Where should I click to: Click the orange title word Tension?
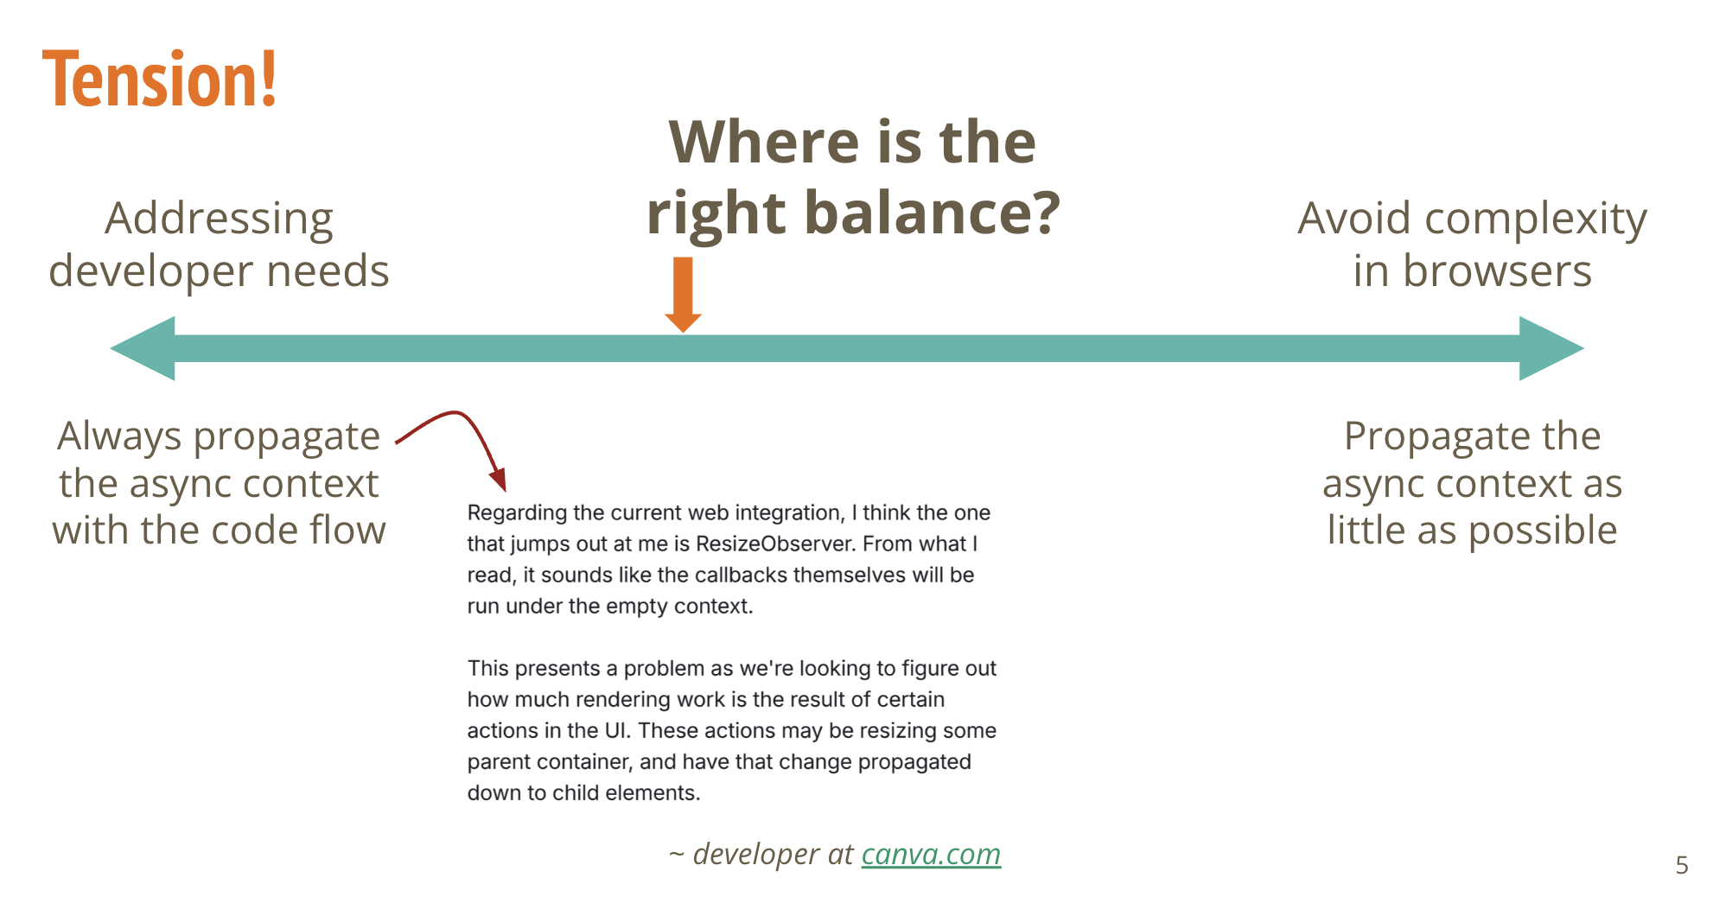pos(160,80)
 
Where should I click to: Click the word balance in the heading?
pos(933,213)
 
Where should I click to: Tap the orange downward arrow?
pos(683,294)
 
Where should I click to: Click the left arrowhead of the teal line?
pos(143,348)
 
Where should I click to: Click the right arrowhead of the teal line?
pos(1552,348)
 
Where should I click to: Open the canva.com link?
pos(931,854)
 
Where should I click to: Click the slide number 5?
pos(1681,865)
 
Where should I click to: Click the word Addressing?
pos(219,219)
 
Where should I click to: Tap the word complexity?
pos(1536,219)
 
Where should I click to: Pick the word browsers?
pos(1497,270)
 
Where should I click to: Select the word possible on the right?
pos(1543,531)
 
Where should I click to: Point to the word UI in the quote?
pos(617,730)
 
